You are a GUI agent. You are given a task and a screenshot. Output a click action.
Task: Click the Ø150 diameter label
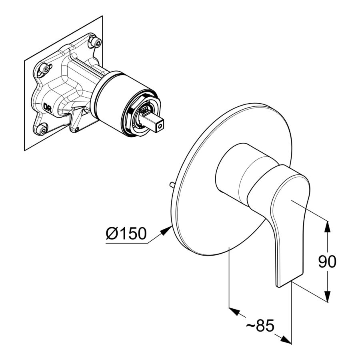[x=126, y=234]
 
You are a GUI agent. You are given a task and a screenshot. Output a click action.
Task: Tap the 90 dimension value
[x=327, y=261]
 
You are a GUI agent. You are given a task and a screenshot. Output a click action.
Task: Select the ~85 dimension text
[x=260, y=325]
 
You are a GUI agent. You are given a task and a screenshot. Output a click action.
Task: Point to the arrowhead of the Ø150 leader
[x=166, y=230]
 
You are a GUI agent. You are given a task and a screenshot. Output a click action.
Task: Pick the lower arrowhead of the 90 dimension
[x=328, y=295]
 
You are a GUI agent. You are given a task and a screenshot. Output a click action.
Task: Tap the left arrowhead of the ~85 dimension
[x=235, y=311]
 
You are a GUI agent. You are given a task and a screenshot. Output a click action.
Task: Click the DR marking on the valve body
[x=48, y=108]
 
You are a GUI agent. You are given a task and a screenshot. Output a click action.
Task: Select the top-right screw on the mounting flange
[x=95, y=41]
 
